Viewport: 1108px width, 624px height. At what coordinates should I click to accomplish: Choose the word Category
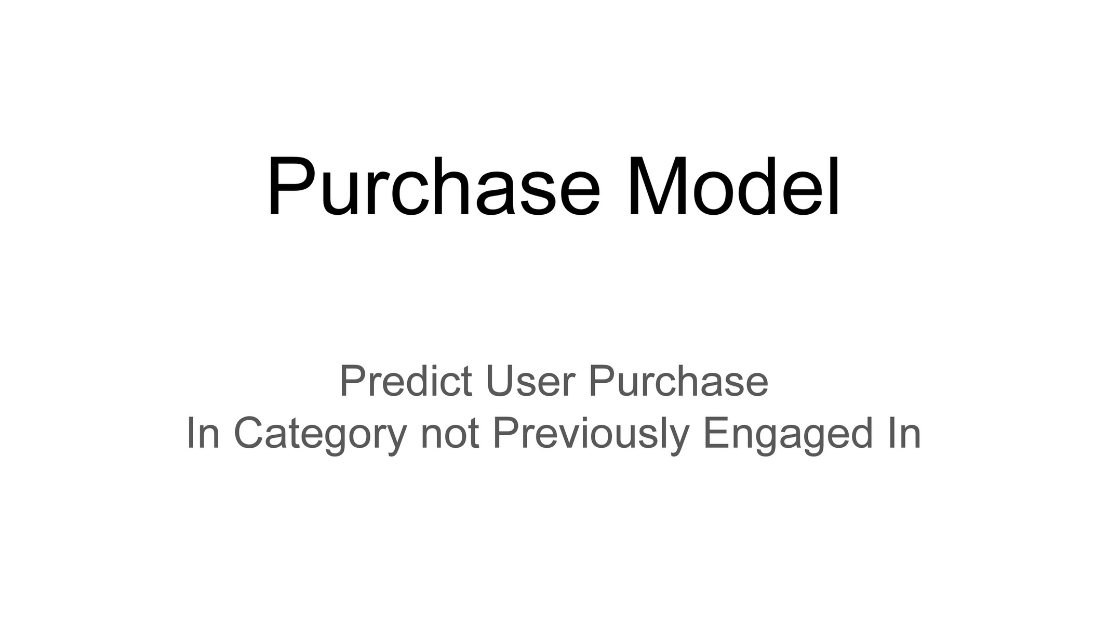click(x=319, y=434)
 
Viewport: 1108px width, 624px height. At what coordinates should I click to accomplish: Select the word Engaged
click(x=787, y=434)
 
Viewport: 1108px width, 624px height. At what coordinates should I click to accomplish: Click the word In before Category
click(x=203, y=434)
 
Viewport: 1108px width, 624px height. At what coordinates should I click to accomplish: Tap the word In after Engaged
click(x=904, y=434)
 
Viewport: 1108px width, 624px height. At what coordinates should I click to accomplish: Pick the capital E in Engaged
click(x=715, y=434)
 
